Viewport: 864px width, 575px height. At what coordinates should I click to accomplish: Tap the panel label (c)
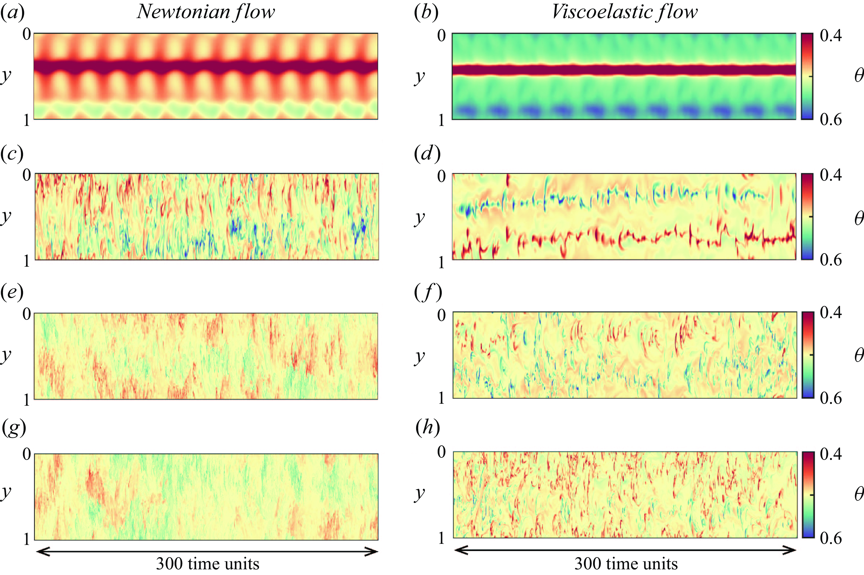12,154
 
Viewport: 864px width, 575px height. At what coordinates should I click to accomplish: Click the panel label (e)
12,292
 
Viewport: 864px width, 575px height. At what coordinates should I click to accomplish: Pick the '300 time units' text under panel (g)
207,563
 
